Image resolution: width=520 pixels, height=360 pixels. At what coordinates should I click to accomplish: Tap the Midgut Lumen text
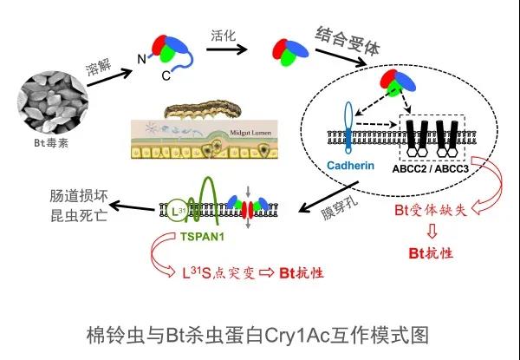click(275, 130)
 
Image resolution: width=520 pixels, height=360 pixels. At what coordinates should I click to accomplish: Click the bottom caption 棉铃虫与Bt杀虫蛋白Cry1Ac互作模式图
click(259, 334)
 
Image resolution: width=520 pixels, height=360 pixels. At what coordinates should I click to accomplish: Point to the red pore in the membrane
click(250, 208)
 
